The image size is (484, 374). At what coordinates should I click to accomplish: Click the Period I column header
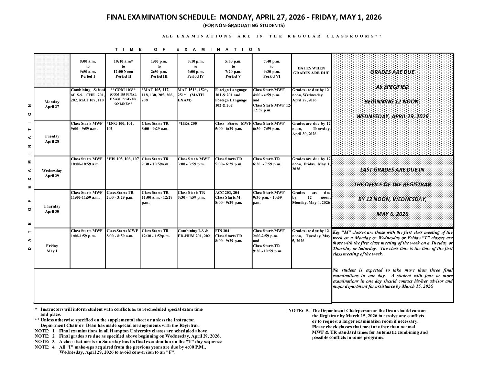88,69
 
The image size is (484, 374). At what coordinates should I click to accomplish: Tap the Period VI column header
272,69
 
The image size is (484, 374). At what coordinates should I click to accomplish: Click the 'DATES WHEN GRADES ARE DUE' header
311,70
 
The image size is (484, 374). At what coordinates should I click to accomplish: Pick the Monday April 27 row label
52,104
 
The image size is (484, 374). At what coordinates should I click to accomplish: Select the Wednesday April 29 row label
52,173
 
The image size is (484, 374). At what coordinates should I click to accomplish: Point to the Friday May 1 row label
52,249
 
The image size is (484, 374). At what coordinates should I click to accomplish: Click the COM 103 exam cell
123,97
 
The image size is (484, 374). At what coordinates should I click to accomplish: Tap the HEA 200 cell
188,123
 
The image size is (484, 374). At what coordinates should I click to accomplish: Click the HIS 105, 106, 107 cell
123,159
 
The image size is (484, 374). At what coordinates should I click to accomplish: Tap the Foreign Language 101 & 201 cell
231,98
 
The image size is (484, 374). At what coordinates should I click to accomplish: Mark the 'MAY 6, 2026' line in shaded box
392,214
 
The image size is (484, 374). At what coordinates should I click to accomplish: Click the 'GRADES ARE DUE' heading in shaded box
392,72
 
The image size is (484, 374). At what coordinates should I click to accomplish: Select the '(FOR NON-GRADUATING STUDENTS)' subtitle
244,26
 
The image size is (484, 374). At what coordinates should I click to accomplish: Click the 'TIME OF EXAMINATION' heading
188,49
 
